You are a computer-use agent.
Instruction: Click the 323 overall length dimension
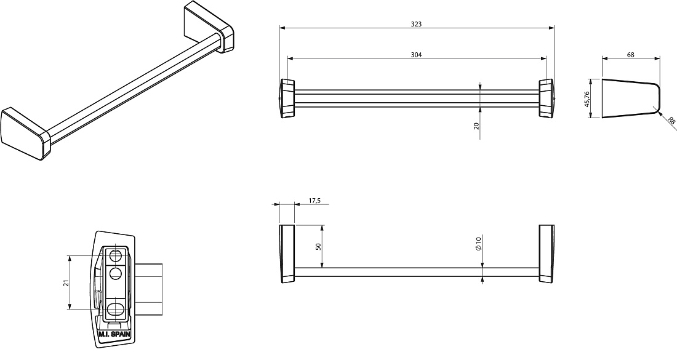point(416,24)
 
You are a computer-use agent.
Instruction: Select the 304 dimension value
point(416,55)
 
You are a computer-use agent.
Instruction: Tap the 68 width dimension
point(631,55)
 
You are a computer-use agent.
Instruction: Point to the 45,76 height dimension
point(587,99)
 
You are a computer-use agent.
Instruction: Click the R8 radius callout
point(671,121)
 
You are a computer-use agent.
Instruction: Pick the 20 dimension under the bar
point(476,126)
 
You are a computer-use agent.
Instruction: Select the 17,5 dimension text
point(314,201)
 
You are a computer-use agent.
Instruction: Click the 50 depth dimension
point(319,247)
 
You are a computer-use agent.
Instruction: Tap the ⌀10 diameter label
point(478,244)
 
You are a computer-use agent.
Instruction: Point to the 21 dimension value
point(66,282)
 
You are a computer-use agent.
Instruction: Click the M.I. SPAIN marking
point(114,334)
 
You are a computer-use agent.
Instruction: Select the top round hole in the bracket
point(116,255)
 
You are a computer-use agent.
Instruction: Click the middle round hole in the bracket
point(116,273)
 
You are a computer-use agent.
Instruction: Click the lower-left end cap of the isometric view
point(26,134)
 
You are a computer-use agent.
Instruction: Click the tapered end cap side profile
point(631,99)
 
